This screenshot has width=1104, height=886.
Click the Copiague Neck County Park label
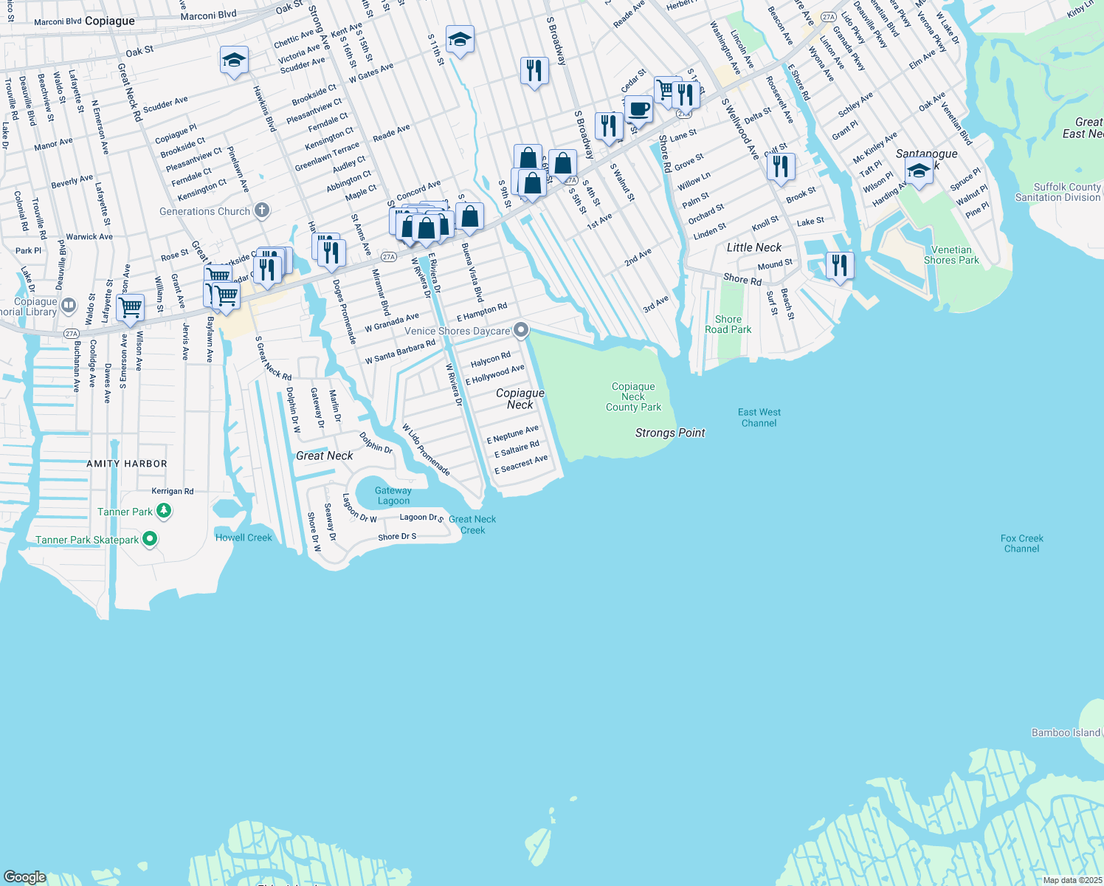[x=633, y=397]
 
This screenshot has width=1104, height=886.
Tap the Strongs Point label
[x=670, y=433]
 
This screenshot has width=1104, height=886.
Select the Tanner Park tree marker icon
[x=164, y=511]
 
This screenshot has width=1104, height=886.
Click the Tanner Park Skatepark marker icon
[x=150, y=540]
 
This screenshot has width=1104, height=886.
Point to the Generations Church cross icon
[x=261, y=211]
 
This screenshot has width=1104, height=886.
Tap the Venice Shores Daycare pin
[x=521, y=330]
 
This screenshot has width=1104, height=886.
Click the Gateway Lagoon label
[x=393, y=495]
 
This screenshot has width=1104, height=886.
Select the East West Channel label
[x=759, y=418]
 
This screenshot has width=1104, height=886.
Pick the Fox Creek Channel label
[x=1021, y=543]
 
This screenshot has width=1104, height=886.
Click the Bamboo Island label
[x=1065, y=732]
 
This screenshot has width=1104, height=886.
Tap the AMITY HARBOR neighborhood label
[x=127, y=464]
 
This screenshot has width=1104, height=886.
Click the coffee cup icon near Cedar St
[x=639, y=109]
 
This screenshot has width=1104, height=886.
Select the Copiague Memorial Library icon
[x=69, y=305]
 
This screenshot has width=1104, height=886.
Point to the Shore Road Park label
[x=728, y=325]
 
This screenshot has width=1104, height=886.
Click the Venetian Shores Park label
[x=951, y=255]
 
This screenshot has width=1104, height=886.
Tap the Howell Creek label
[x=244, y=538]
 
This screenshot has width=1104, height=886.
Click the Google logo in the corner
[x=25, y=876]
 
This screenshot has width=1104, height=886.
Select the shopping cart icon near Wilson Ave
[x=131, y=306]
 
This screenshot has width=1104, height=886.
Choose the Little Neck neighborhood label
[x=753, y=247]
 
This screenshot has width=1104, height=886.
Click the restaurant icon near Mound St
[x=840, y=264]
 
